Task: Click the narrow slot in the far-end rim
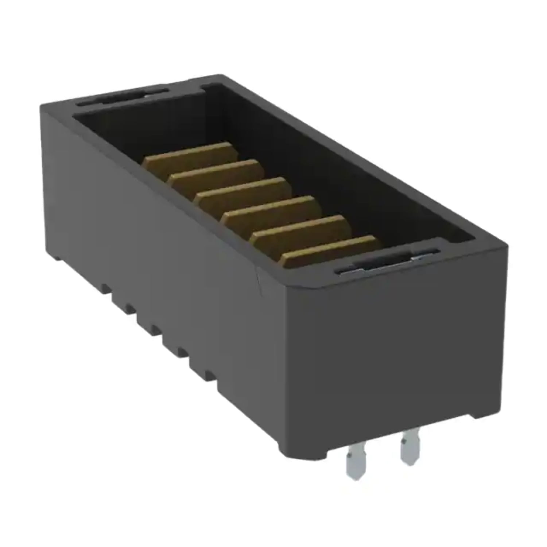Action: [x=122, y=96]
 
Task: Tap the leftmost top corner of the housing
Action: [x=41, y=106]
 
